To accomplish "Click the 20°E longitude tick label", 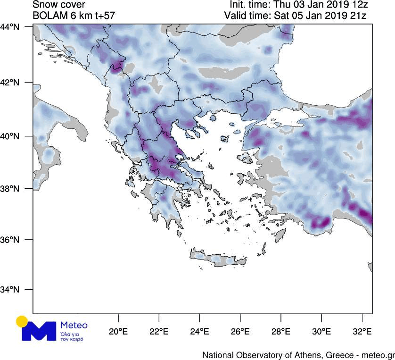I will pyautogui.click(x=118, y=332).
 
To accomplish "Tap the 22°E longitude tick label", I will pyautogui.click(x=159, y=332).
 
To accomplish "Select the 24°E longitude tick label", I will pyautogui.click(x=199, y=332).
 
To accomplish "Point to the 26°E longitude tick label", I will pyautogui.click(x=240, y=332).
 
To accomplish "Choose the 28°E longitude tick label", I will pyautogui.click(x=280, y=332).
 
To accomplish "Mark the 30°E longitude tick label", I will pyautogui.click(x=321, y=332).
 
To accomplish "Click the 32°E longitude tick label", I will pyautogui.click(x=362, y=332).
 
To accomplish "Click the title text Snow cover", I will pyautogui.click(x=58, y=5).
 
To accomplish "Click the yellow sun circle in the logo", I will pyautogui.click(x=22, y=322).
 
